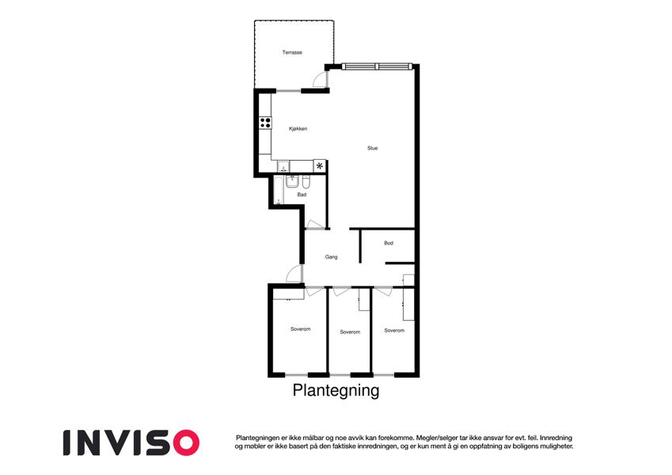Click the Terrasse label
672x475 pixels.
pyautogui.click(x=292, y=52)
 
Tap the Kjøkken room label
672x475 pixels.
pyautogui.click(x=298, y=128)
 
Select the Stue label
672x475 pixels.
pyautogui.click(x=373, y=148)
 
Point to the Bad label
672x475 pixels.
pyautogui.click(x=302, y=195)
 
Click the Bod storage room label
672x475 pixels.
pyautogui.click(x=389, y=243)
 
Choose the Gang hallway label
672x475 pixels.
pyautogui.click(x=332, y=256)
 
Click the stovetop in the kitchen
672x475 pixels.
pyautogui.click(x=265, y=123)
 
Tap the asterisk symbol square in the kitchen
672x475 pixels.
pyautogui.click(x=319, y=165)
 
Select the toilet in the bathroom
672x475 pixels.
pyautogui.click(x=306, y=183)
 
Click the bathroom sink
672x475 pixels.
pyautogui.click(x=292, y=182)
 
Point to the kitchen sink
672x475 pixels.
pyautogui.click(x=283, y=166)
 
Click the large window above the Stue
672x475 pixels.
pyautogui.click(x=377, y=66)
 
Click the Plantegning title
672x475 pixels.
pyautogui.click(x=336, y=391)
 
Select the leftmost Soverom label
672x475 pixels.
pyautogui.click(x=301, y=329)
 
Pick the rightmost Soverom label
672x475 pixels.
pyautogui.click(x=394, y=331)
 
